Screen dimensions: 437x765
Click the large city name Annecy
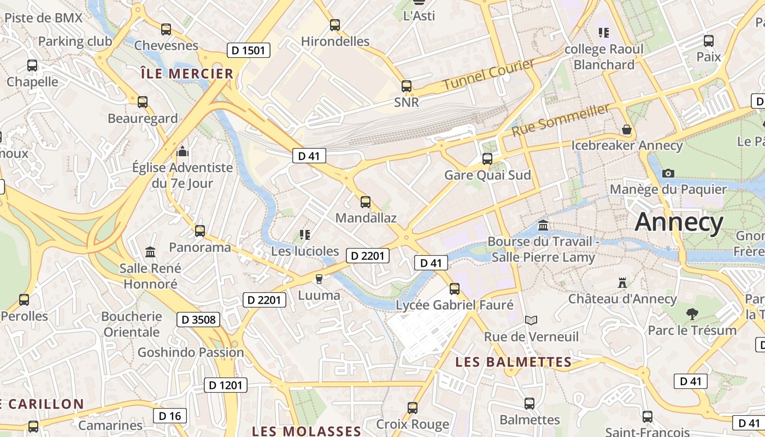[x=679, y=222]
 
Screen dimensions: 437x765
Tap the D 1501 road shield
[x=249, y=51]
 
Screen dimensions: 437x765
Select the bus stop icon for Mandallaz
[x=366, y=202]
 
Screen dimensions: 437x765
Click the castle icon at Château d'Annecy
[x=622, y=283]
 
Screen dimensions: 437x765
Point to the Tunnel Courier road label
[x=488, y=75]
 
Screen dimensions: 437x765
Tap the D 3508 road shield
[x=198, y=320]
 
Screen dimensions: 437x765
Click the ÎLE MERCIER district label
[x=187, y=74]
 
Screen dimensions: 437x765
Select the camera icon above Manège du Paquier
[x=668, y=173]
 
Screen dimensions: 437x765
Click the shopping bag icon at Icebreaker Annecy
[x=627, y=129]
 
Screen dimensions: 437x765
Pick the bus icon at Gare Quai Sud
[x=487, y=159]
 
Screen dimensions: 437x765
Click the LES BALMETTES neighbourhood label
[x=514, y=362]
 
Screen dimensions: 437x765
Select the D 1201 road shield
[x=226, y=385]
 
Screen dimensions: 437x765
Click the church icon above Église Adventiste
[x=183, y=151]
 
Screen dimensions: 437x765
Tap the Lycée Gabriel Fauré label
[x=455, y=305]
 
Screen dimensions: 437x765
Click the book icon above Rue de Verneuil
[x=531, y=320]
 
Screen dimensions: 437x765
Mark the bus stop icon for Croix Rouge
[x=413, y=408]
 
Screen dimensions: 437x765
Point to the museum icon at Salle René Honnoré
[x=150, y=252]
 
